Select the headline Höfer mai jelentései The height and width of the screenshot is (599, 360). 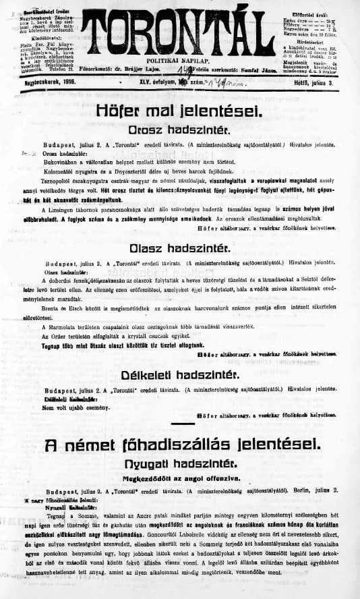(x=179, y=109)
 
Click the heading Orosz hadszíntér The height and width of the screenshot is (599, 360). (x=179, y=128)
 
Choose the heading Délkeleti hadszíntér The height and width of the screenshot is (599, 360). (x=179, y=374)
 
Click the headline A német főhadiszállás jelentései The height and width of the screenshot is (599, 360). (x=179, y=445)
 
